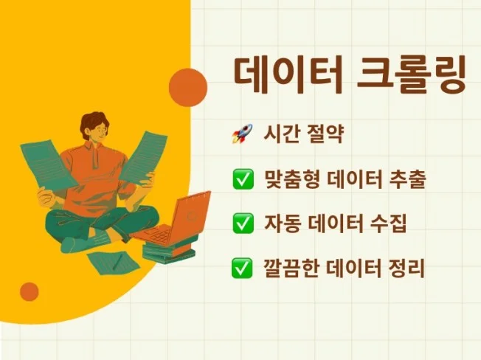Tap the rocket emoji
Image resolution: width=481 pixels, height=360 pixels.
point(242,135)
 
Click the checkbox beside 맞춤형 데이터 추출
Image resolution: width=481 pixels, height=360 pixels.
point(242,179)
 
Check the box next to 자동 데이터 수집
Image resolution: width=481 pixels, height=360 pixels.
point(242,224)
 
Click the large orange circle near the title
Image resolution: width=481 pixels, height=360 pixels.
point(187,88)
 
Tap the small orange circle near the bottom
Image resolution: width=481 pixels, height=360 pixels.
point(30,291)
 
